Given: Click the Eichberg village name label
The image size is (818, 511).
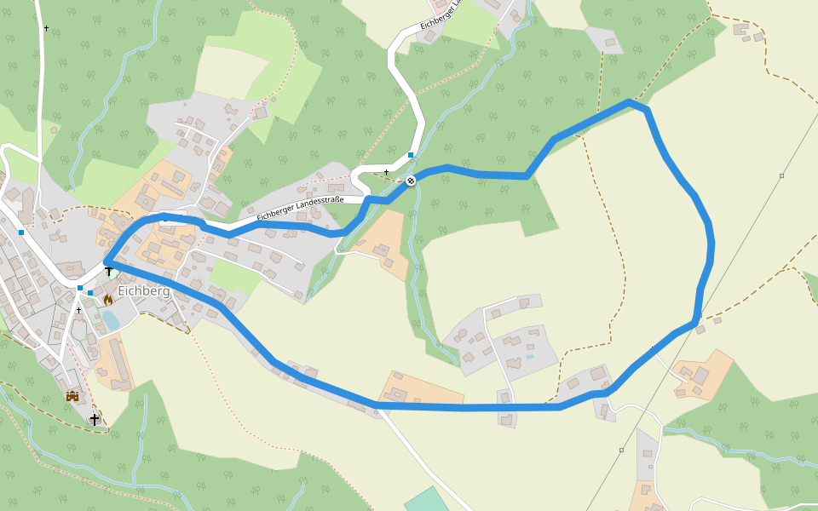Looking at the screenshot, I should (x=144, y=291).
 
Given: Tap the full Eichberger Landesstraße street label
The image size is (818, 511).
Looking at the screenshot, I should (x=300, y=210).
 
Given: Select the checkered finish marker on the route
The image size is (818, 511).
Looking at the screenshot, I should (x=411, y=181).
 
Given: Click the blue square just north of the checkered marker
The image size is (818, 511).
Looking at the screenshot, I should (x=411, y=155).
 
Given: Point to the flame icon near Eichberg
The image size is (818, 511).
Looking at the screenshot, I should (x=108, y=300).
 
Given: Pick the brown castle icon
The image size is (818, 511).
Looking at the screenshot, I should (x=72, y=396).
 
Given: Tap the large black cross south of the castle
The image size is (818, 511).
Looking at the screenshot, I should (x=95, y=419).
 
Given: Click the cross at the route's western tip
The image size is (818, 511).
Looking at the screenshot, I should (x=109, y=272).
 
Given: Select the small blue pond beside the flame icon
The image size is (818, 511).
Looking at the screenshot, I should (x=111, y=320).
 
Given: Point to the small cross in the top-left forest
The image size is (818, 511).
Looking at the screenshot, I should (x=46, y=29).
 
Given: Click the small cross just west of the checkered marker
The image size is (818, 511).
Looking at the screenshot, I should (x=386, y=173).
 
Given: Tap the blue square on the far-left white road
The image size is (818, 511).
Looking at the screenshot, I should (x=20, y=232).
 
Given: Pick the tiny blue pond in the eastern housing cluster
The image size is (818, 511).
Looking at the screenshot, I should (x=529, y=357).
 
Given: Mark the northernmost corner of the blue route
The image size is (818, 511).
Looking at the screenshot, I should (x=630, y=101).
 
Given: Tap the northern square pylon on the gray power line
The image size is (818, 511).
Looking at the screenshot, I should (x=781, y=175).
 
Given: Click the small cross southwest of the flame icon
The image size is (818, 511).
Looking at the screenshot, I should (x=79, y=310).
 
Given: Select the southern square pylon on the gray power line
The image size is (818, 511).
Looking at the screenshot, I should (x=622, y=450).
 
